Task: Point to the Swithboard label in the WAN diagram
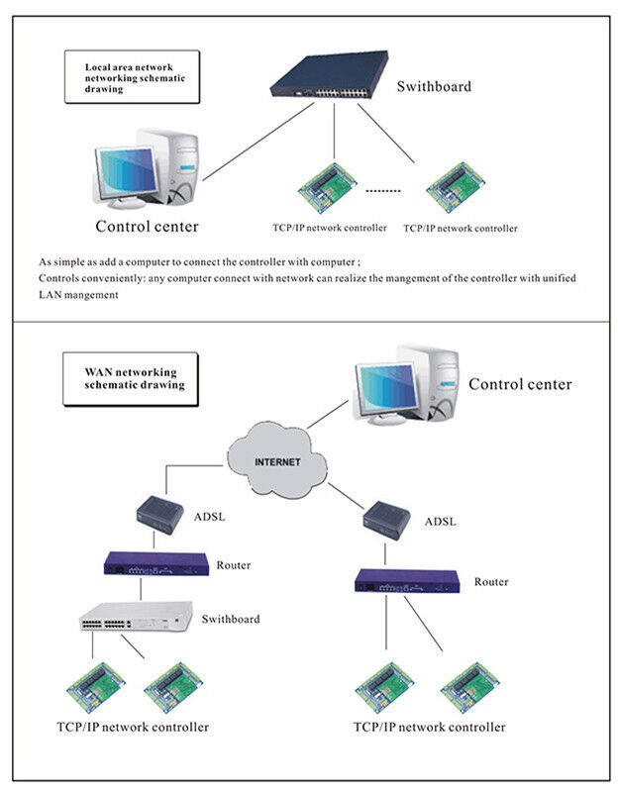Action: click(x=231, y=619)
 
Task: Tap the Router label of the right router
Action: click(x=490, y=582)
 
